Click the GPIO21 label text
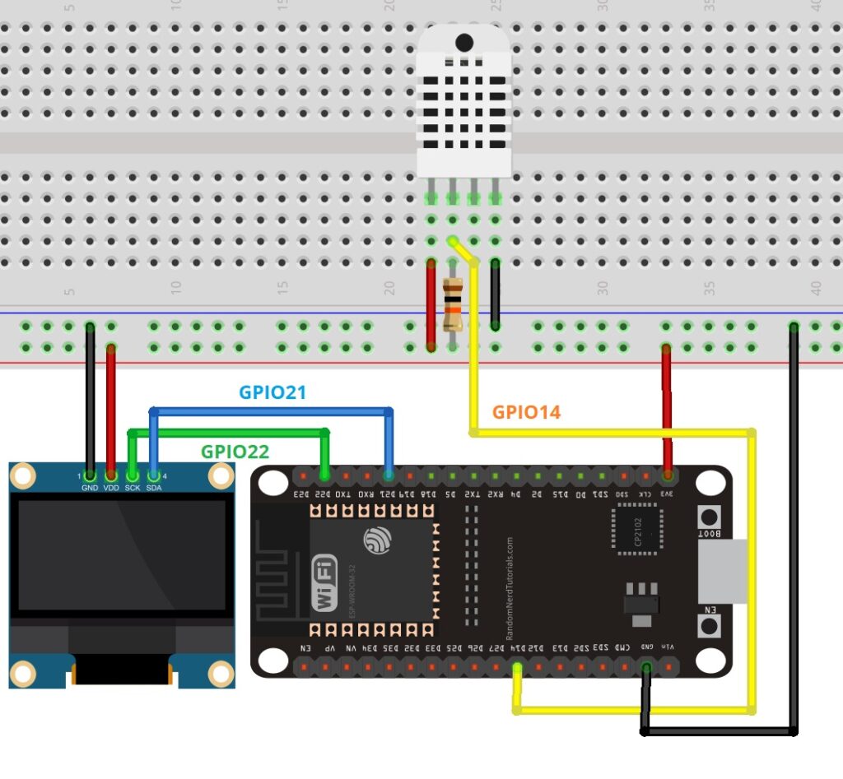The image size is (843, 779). [272, 392]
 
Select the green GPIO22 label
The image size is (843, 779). [235, 451]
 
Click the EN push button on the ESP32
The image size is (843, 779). [707, 626]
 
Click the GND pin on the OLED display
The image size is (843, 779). [90, 475]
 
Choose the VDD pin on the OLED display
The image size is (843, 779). [111, 475]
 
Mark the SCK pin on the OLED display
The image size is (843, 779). [132, 475]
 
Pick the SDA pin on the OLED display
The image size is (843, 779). [153, 475]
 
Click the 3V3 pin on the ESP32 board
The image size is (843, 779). [667, 475]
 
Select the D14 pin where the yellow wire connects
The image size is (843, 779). [517, 665]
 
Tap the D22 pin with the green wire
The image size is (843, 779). [324, 475]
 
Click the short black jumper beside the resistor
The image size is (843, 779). [495, 294]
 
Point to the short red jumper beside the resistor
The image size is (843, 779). [431, 304]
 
